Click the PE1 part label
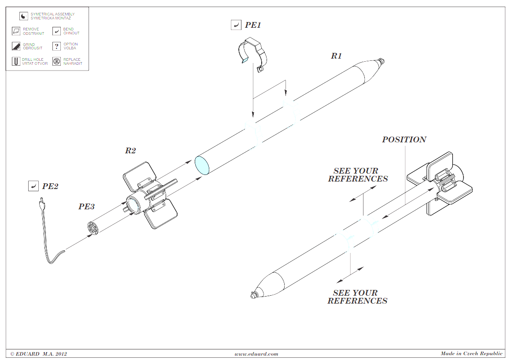[x=253, y=25]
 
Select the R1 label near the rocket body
[x=336, y=56]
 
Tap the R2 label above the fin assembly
[x=130, y=151]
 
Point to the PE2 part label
[x=50, y=186]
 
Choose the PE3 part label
[x=86, y=207]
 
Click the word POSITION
[x=404, y=140]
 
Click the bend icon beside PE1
[x=236, y=25]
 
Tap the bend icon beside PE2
[x=33, y=186]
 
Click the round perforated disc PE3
[x=93, y=228]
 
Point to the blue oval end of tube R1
[x=202, y=165]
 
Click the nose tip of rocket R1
[x=382, y=61]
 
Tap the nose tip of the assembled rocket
[x=253, y=295]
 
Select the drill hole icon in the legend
[x=16, y=61]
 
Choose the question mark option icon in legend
[x=57, y=46]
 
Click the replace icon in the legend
[x=57, y=61]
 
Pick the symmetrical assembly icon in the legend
[x=23, y=16]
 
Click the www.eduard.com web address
[x=256, y=354]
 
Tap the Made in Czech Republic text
[x=471, y=353]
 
